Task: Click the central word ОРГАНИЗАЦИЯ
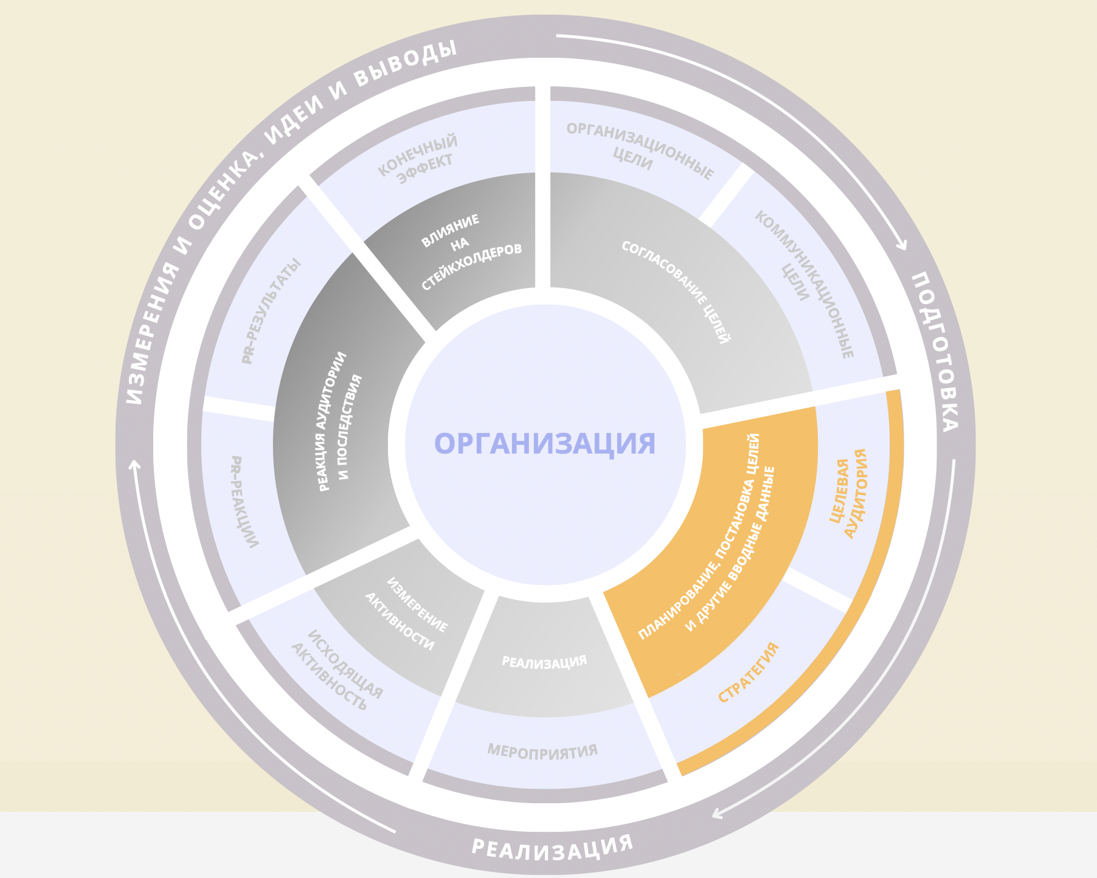545,443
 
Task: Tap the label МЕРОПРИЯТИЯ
542,751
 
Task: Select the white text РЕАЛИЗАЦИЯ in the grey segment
544,662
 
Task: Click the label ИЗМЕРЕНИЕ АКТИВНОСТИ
406,613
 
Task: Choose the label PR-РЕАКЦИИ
244,501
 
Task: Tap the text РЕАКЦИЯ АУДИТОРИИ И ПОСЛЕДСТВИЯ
341,421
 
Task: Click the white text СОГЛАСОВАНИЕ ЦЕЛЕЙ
676,292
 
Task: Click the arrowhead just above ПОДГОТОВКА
902,245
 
